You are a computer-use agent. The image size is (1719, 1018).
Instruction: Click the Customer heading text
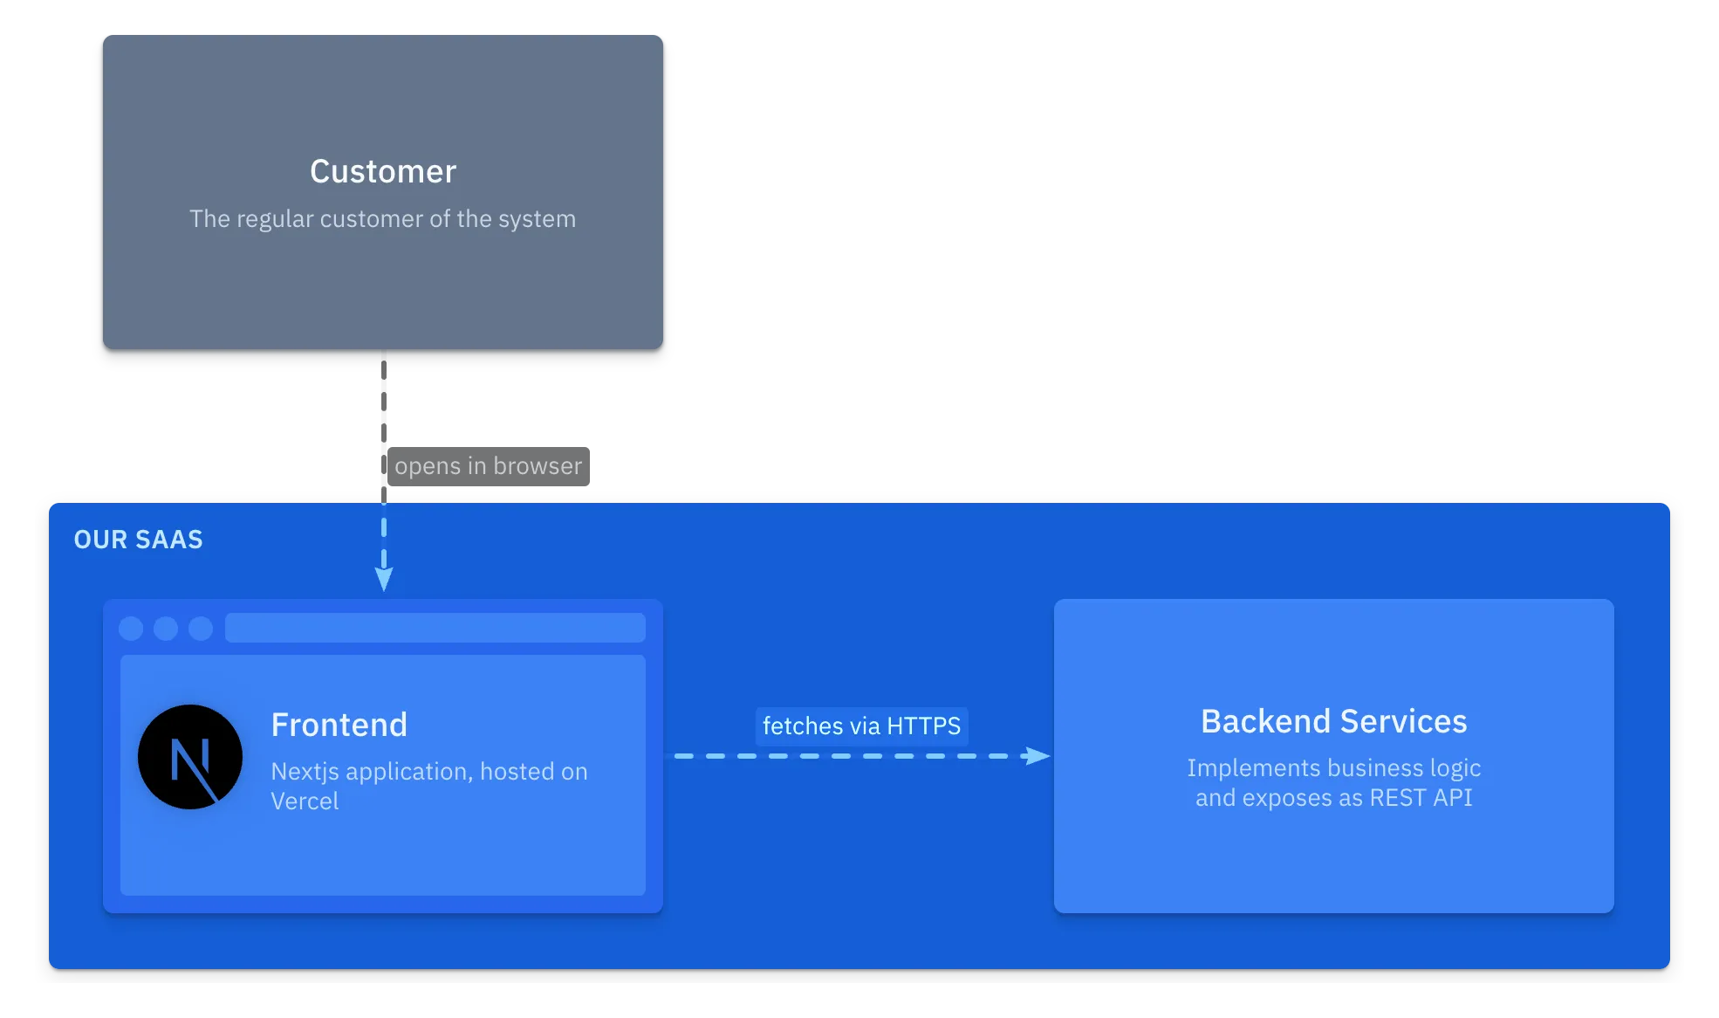point(383,172)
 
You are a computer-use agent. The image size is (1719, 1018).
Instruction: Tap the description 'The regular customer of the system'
point(382,218)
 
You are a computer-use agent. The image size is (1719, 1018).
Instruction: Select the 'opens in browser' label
point(488,466)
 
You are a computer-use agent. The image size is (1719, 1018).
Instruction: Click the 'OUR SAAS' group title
point(138,540)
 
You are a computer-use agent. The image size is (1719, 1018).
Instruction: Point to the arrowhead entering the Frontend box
point(384,580)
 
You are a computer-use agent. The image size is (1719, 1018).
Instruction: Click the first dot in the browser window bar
point(131,629)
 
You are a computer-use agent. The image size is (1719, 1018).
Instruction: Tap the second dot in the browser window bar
point(166,629)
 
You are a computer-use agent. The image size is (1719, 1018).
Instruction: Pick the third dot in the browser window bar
point(201,629)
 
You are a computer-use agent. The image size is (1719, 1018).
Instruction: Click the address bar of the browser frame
point(435,628)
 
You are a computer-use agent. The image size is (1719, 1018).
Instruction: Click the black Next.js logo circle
point(190,757)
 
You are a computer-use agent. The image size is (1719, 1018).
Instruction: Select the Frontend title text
point(339,725)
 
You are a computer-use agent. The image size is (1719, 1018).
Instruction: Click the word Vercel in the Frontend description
point(305,801)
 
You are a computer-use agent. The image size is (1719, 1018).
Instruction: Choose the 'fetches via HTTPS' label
point(861,726)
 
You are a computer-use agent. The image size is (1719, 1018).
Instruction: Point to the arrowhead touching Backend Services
point(1038,756)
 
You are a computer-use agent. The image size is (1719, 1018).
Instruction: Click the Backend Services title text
point(1333,722)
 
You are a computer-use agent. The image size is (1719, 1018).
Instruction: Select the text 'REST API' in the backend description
point(1421,798)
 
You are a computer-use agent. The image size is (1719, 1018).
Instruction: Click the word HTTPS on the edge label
point(923,726)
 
